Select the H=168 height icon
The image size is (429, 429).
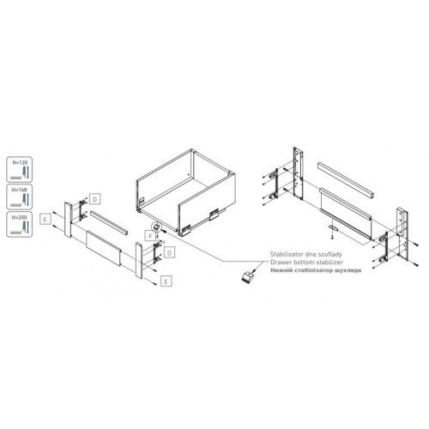18,197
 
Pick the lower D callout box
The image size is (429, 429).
171,252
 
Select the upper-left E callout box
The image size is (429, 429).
43,221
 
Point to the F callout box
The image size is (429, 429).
149,233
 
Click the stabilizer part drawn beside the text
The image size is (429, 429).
247,276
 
